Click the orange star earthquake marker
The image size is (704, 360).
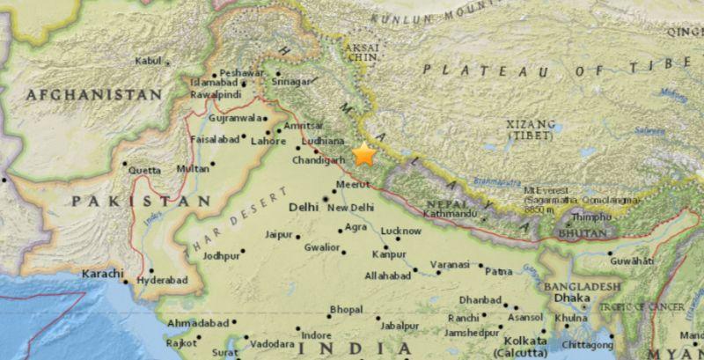[x=363, y=156]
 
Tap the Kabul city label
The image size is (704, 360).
[x=149, y=61]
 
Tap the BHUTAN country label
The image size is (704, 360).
[x=583, y=233]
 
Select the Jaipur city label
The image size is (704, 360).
[x=279, y=235]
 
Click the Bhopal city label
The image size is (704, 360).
[x=344, y=309]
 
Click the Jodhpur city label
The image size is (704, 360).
[x=221, y=255]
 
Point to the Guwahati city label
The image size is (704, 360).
[x=635, y=261]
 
